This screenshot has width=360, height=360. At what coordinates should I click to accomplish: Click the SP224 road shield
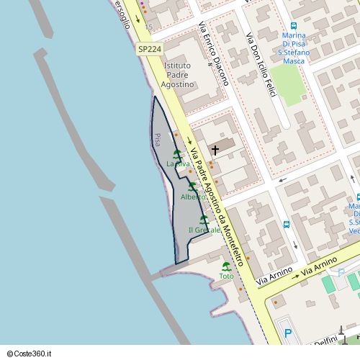pyautogui.click(x=150, y=49)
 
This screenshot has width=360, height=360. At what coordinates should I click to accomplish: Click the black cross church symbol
pyautogui.click(x=215, y=150)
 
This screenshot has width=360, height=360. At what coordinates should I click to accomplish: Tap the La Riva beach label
pyautogui.click(x=178, y=164)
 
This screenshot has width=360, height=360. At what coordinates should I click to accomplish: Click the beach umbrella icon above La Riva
pyautogui.click(x=177, y=153)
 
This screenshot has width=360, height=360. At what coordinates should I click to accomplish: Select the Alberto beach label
pyautogui.click(x=193, y=197)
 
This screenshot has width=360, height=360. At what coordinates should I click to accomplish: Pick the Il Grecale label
pyautogui.click(x=204, y=230)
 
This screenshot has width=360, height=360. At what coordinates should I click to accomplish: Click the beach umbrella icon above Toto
pyautogui.click(x=227, y=266)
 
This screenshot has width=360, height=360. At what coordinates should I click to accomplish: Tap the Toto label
pyautogui.click(x=227, y=276)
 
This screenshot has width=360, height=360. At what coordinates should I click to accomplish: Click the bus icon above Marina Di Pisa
pyautogui.click(x=302, y=24)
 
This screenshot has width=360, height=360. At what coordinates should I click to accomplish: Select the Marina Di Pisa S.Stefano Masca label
pyautogui.click(x=294, y=48)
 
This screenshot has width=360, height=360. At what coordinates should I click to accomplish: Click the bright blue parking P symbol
pyautogui.click(x=288, y=333)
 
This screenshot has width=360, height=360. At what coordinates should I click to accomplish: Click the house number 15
pyautogui.click(x=149, y=27)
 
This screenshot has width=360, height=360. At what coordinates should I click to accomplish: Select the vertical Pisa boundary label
pyautogui.click(x=157, y=140)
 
